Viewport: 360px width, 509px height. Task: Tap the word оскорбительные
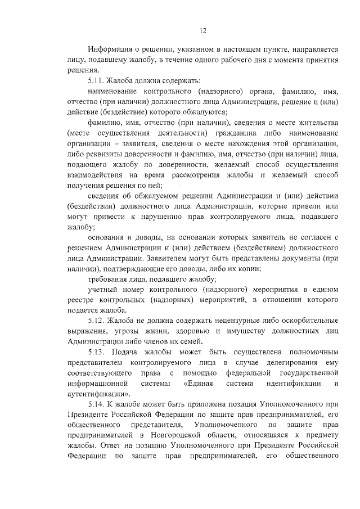pyautogui.click(x=304, y=321)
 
